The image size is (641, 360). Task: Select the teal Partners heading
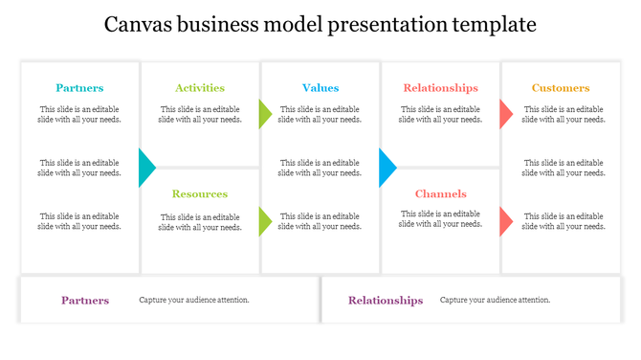pyautogui.click(x=79, y=88)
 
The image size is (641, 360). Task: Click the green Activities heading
pyautogui.click(x=200, y=88)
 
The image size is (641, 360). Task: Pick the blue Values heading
pyautogui.click(x=320, y=88)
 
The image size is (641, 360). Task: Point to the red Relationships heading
pyautogui.click(x=440, y=88)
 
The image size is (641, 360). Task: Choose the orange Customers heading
pyautogui.click(x=561, y=88)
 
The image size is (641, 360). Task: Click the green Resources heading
pyautogui.click(x=200, y=194)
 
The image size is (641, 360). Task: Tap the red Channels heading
pyautogui.click(x=440, y=194)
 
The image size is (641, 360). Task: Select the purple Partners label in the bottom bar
pyautogui.click(x=85, y=301)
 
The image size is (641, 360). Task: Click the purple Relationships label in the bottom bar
pyautogui.click(x=386, y=301)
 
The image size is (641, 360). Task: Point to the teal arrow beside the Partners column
pyautogui.click(x=146, y=168)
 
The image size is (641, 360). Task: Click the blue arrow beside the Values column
pyautogui.click(x=387, y=168)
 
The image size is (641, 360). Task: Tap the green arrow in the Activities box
pyautogui.click(x=265, y=115)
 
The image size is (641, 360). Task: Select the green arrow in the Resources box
pyautogui.click(x=265, y=221)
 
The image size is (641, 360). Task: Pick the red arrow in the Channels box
pyautogui.click(x=505, y=221)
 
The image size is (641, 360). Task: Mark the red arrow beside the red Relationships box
pyautogui.click(x=505, y=115)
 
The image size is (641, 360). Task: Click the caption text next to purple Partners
pyautogui.click(x=194, y=301)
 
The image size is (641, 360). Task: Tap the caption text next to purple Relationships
pyautogui.click(x=496, y=301)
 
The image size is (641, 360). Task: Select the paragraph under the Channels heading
pyautogui.click(x=440, y=219)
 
